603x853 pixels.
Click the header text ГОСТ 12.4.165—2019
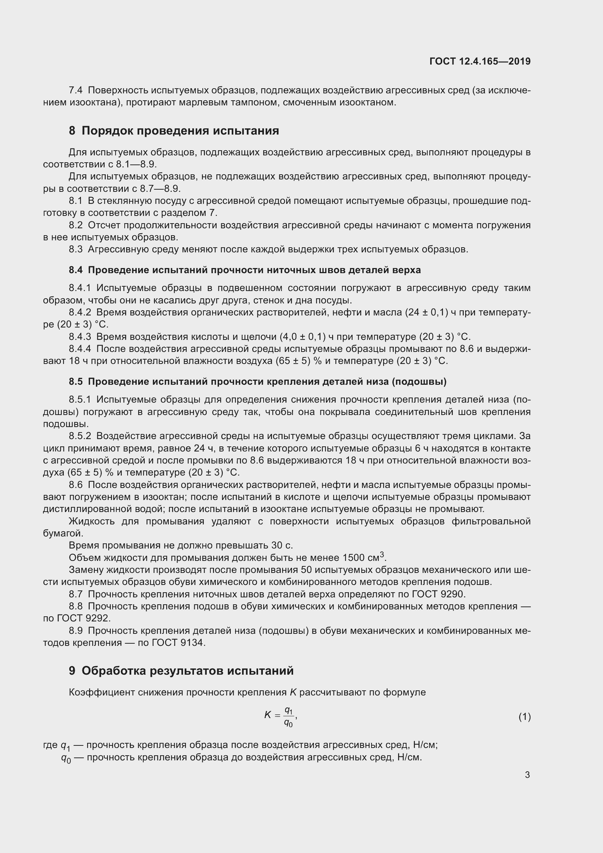pos(480,61)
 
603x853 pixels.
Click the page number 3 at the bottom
pos(527,775)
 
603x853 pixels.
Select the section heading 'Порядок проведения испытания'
pos(180,131)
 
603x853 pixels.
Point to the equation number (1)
pos(524,717)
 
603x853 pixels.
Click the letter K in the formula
pos(268,715)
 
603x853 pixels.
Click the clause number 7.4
pos(76,90)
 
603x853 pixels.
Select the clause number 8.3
pos(76,249)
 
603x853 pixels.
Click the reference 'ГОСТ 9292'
pos(83,618)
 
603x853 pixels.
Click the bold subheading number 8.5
pos(76,381)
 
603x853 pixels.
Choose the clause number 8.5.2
pos(80,436)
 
